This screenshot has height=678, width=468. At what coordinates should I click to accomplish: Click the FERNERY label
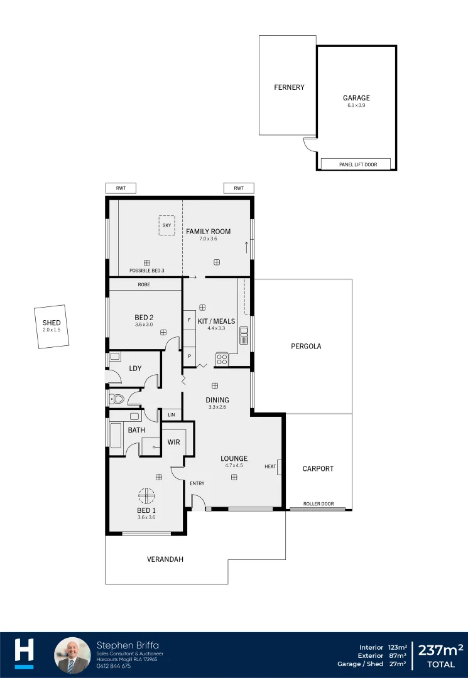point(289,87)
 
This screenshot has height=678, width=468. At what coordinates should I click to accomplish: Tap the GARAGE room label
point(356,98)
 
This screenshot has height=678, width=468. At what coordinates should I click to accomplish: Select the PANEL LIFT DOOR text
point(358,164)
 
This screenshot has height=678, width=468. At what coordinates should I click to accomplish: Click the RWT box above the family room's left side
point(121,188)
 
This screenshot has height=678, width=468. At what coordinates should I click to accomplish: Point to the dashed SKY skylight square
point(166,225)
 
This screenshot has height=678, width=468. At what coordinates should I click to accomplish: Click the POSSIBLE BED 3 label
point(146,271)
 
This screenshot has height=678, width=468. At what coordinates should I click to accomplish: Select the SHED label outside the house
point(52,323)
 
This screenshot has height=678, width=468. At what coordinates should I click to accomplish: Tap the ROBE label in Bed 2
point(145,284)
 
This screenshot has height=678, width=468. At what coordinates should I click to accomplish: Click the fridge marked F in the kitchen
point(190,320)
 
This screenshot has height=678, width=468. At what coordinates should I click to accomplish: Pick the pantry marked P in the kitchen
point(190,356)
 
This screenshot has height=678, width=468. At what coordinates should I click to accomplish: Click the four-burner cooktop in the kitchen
point(222,360)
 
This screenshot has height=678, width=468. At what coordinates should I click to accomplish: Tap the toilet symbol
point(117,398)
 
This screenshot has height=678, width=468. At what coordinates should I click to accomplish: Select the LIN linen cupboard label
point(171,415)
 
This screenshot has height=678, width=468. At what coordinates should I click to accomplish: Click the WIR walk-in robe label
point(174,442)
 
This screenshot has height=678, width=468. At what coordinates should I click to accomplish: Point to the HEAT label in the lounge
point(271,466)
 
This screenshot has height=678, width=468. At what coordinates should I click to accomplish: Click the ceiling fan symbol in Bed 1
point(146,496)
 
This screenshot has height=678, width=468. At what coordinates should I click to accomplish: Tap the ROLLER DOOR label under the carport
point(318,504)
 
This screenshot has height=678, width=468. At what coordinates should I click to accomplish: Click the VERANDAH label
point(165,559)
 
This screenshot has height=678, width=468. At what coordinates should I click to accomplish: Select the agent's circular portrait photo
point(73,655)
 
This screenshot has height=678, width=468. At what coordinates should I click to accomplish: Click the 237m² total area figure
point(440,649)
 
